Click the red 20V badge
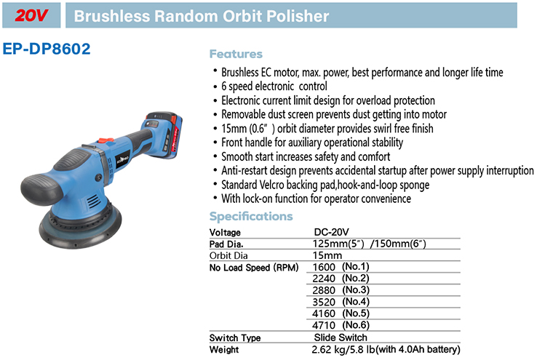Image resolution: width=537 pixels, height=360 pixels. coord(31,15)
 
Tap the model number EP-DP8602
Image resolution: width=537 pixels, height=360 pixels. coord(47,49)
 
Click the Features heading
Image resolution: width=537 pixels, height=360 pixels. coord(236,54)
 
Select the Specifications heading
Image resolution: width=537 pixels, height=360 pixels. coord(251,217)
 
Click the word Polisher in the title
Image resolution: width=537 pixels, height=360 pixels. coord(298,16)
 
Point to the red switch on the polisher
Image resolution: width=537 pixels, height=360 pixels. coord(106,140)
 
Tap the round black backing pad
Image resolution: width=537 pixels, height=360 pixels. coord(80,225)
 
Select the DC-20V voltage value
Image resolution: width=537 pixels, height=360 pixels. coord(331,232)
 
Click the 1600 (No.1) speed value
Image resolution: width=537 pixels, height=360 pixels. coord(341,267)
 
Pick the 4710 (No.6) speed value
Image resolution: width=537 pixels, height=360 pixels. coord(341,325)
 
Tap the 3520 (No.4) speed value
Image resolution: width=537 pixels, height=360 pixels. coord(341,302)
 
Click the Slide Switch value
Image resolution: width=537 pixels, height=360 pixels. coord(341,337)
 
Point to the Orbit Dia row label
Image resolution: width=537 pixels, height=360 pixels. coord(228,255)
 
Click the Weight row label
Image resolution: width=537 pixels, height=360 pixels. coord(224,350)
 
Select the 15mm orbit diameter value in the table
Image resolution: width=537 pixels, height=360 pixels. coord(327,255)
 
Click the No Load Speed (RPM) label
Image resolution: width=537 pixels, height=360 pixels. coord(254,268)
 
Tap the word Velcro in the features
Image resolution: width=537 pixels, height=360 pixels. coord(271,185)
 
